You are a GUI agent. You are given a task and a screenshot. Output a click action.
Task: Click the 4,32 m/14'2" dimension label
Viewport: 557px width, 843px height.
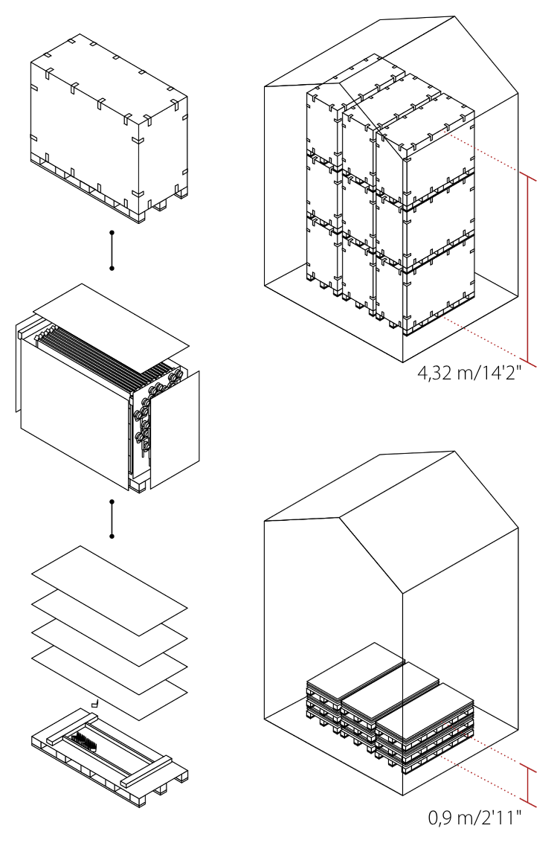(469, 373)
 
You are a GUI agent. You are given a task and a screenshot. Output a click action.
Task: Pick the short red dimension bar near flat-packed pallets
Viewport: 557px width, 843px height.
(527, 786)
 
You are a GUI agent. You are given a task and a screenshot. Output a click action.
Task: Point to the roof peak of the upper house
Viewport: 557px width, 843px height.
(457, 16)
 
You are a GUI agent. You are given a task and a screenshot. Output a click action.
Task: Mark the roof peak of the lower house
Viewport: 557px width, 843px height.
(455, 452)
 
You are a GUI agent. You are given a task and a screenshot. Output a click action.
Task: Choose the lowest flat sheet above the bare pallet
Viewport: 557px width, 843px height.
(109, 683)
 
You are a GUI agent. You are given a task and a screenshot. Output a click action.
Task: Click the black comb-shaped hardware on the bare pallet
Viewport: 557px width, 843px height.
(85, 741)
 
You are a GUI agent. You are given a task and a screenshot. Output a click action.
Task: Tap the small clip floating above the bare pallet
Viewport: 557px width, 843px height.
(96, 702)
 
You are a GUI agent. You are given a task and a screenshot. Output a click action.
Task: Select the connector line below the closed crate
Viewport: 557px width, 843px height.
(112, 251)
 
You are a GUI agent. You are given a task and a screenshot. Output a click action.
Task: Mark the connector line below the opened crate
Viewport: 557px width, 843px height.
(112, 519)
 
